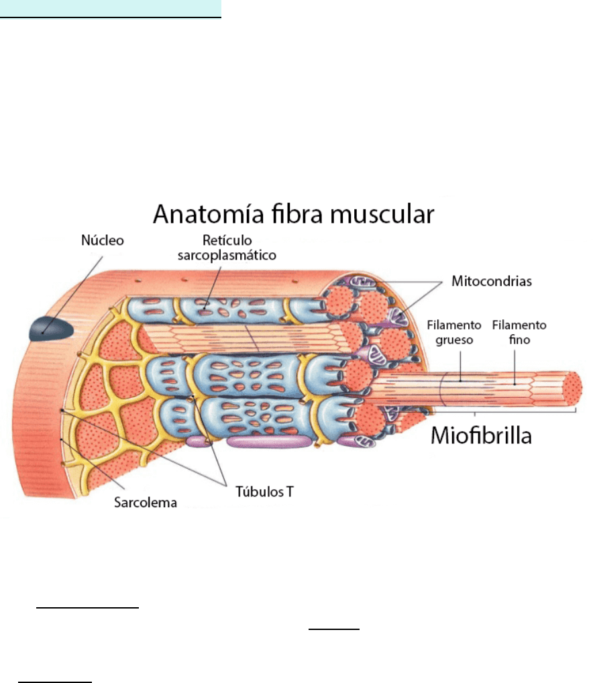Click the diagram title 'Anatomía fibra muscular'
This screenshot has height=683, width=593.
point(294,215)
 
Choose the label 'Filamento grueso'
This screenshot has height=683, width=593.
point(454,332)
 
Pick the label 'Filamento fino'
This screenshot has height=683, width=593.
point(519,332)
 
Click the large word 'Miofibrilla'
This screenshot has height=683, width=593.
point(481,435)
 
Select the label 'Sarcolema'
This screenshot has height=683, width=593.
point(144,501)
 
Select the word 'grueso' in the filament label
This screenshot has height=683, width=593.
point(454,339)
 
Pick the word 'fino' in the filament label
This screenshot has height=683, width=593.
point(519,339)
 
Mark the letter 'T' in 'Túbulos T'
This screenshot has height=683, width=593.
point(290,491)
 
